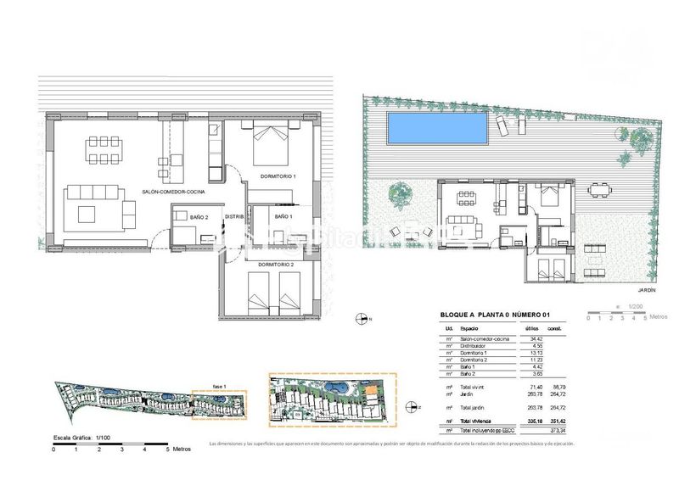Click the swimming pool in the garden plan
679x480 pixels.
[x=438, y=128]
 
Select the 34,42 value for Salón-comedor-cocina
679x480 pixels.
[x=535, y=338]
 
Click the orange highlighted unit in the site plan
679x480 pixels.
[x=372, y=390]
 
